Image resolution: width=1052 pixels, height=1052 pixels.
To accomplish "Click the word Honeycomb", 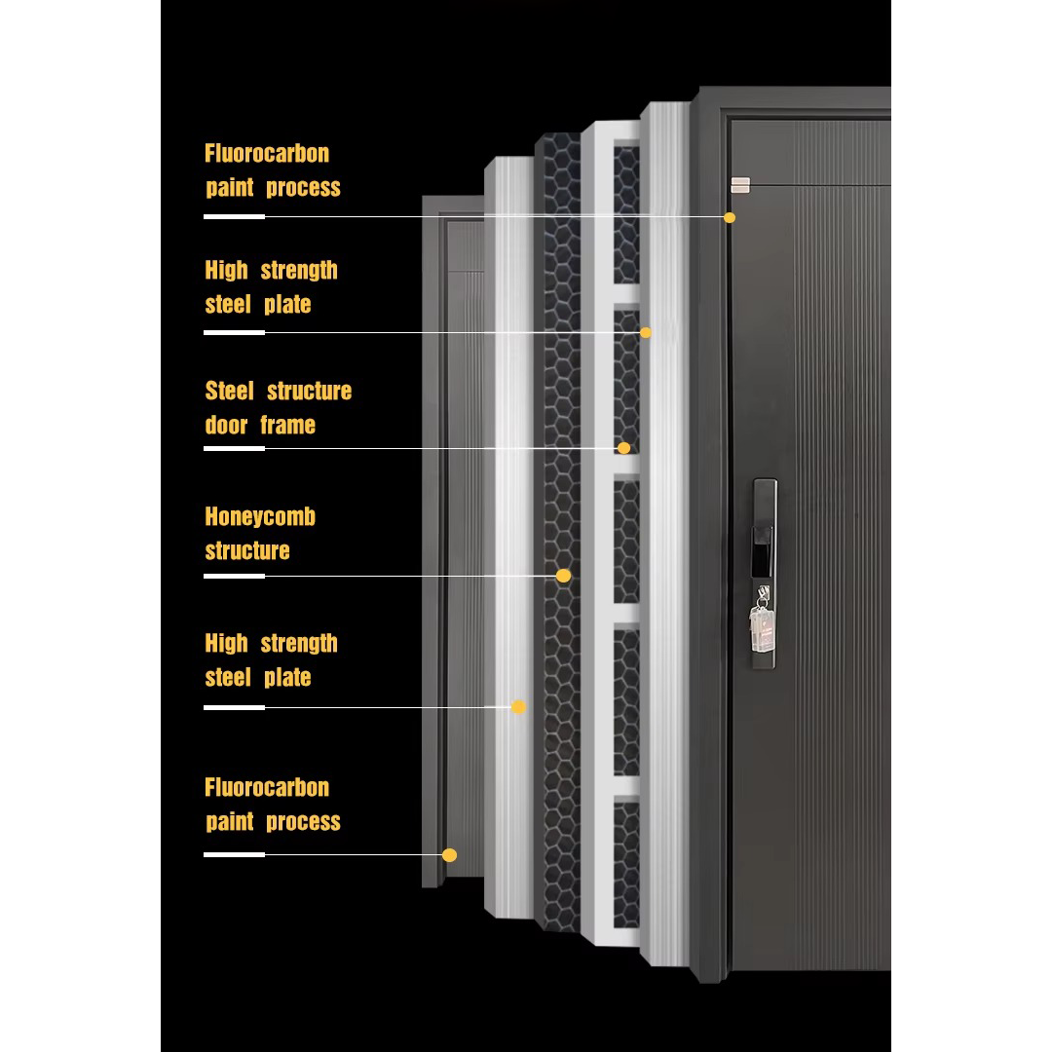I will [x=260, y=517].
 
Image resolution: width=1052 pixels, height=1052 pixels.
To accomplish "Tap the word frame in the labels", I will [x=287, y=426].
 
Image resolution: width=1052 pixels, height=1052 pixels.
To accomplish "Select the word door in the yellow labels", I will [x=226, y=426].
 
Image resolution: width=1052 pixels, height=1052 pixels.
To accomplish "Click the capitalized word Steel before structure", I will [x=229, y=392].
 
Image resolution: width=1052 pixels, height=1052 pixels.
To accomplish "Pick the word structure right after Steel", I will [x=309, y=392].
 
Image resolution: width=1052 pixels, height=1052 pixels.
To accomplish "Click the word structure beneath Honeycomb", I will [x=247, y=551].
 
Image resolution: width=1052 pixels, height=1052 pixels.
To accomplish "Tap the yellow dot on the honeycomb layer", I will [x=563, y=576].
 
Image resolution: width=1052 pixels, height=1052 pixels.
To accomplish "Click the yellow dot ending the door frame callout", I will [x=623, y=448].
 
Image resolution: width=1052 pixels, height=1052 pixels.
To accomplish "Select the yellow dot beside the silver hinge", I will [x=730, y=217].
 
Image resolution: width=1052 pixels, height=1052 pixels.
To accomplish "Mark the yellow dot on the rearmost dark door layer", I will [x=449, y=855].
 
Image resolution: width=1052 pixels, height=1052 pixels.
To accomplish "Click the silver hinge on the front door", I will [x=741, y=184].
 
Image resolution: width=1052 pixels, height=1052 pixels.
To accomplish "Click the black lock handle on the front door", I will [x=765, y=531].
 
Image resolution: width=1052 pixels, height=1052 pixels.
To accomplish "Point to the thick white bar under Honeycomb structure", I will [x=234, y=576].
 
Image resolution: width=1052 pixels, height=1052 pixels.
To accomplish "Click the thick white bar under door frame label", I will [x=234, y=448].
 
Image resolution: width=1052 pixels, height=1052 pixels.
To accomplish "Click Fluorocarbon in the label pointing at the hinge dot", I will [x=267, y=154].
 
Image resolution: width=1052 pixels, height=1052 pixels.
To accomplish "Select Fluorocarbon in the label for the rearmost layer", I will [x=267, y=788].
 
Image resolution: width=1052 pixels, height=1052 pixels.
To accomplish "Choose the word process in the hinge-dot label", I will [x=303, y=188].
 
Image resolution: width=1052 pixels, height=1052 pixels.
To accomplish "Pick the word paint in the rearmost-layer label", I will [x=230, y=822].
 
